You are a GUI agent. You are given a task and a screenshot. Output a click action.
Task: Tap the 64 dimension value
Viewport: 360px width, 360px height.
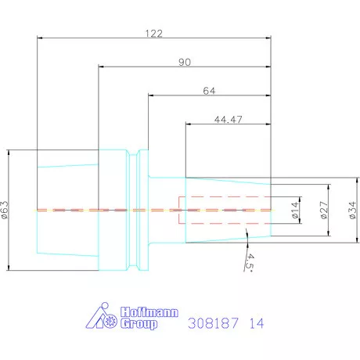[x=209, y=90]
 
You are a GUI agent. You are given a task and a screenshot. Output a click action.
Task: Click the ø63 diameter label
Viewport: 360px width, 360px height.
[x=7, y=211]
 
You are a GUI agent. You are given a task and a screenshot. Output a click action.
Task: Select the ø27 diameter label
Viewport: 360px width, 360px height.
[x=323, y=211]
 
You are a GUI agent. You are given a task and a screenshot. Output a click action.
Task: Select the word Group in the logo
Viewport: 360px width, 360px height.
[x=138, y=323]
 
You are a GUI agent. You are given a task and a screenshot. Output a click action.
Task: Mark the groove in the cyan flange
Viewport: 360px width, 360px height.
[x=142, y=210]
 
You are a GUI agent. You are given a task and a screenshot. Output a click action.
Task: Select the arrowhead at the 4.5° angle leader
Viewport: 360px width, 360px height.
[x=246, y=236]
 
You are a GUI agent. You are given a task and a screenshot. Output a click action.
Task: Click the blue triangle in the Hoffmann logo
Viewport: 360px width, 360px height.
[x=94, y=318]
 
